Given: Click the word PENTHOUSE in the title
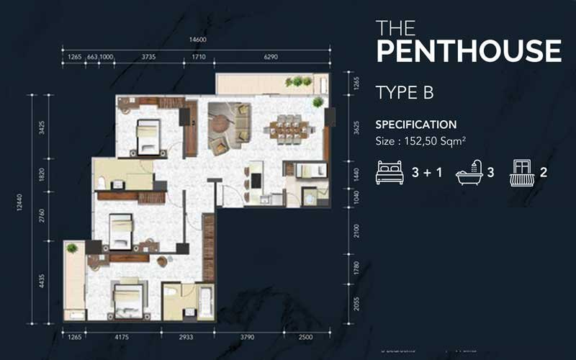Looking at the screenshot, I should (x=468, y=52).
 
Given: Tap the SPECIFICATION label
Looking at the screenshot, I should (x=416, y=125).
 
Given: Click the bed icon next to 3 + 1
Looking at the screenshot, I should (x=390, y=174).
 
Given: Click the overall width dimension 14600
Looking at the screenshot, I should (x=198, y=40).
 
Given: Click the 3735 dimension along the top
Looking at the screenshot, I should (x=149, y=55).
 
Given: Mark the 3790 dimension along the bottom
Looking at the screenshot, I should (x=248, y=335).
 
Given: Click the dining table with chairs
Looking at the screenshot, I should (x=288, y=128).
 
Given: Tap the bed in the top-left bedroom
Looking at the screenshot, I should (x=147, y=137).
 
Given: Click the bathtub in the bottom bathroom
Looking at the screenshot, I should (x=205, y=303).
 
